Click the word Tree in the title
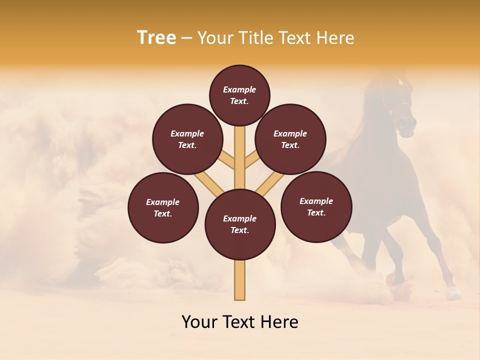click(x=156, y=37)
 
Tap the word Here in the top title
click(x=335, y=37)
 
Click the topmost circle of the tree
click(x=239, y=95)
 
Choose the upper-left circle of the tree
click(x=187, y=139)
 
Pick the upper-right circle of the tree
click(x=290, y=139)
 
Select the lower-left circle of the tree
click(x=163, y=207)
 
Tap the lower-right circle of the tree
click(x=316, y=206)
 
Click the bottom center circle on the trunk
click(x=240, y=224)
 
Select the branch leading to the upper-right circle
click(x=251, y=161)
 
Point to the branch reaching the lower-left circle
click(x=208, y=182)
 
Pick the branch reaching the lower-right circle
click(x=270, y=182)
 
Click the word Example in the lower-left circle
click(x=163, y=202)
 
